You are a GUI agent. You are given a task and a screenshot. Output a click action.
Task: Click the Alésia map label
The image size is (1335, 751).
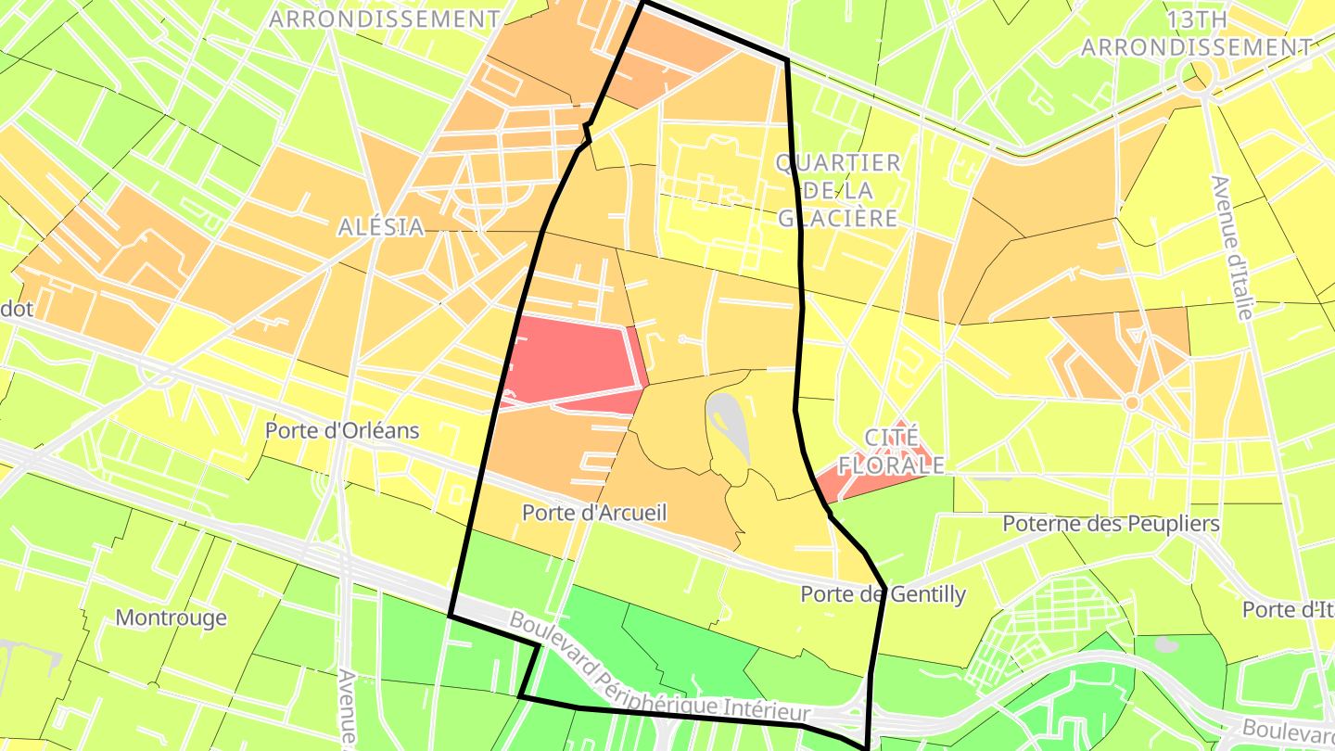[381, 226]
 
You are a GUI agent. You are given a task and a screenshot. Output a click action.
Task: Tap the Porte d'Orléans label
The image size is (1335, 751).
[342, 430]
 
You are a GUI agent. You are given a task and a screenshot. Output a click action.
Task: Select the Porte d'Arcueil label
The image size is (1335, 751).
[594, 512]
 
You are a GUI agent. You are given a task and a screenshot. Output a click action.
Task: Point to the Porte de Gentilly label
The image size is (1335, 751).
[883, 594]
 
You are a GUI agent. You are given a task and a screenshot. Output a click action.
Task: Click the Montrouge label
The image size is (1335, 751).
[171, 617]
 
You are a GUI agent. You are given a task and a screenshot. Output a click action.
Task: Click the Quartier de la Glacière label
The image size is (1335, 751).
[838, 190]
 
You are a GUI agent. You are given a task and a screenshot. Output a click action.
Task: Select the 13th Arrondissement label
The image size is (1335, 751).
[1196, 33]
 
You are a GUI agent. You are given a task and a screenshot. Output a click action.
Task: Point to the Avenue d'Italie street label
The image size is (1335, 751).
[1232, 247]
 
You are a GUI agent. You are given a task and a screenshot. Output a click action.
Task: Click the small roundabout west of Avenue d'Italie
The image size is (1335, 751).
[1131, 402]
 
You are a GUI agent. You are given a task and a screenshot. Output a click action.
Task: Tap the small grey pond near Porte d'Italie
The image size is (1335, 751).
[1167, 645]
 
